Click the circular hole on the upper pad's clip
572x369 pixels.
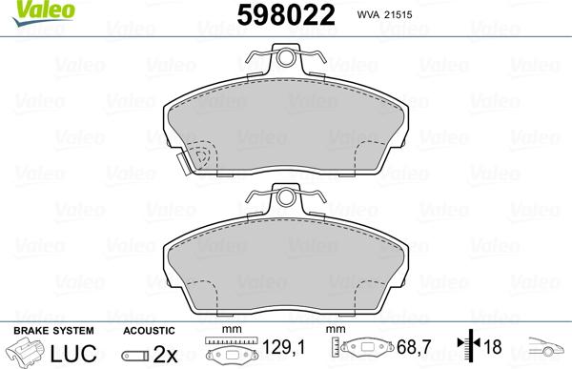coord(285,60)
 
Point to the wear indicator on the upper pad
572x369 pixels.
coord(200,156)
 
